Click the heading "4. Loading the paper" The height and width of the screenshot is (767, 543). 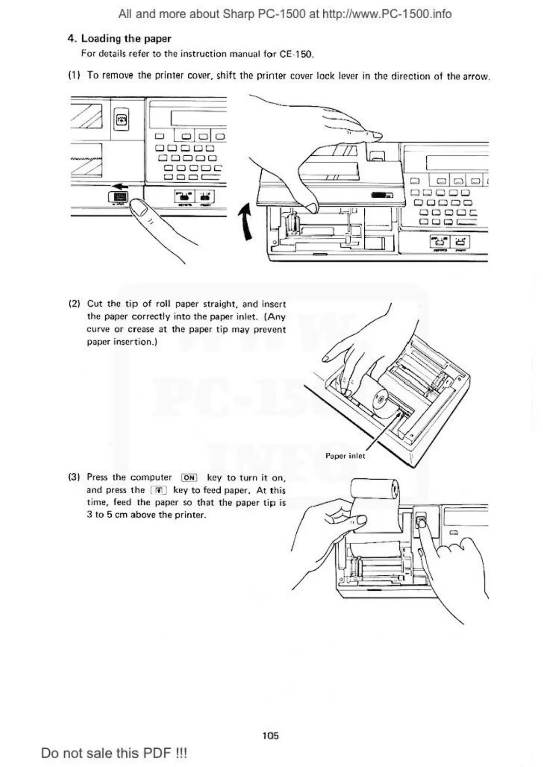tap(119, 39)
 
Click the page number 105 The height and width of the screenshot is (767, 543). tap(270, 736)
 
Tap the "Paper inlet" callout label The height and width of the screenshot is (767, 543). tap(345, 456)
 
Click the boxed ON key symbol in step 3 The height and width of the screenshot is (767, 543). tap(189, 478)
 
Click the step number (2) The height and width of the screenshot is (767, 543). tap(74, 304)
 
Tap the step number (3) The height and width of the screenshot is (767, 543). tap(74, 478)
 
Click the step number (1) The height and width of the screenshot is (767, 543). tap(74, 76)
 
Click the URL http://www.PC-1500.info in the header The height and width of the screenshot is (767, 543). tap(387, 14)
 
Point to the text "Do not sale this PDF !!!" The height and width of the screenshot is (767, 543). tap(114, 753)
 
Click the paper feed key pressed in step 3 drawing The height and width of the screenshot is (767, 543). tap(422, 520)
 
